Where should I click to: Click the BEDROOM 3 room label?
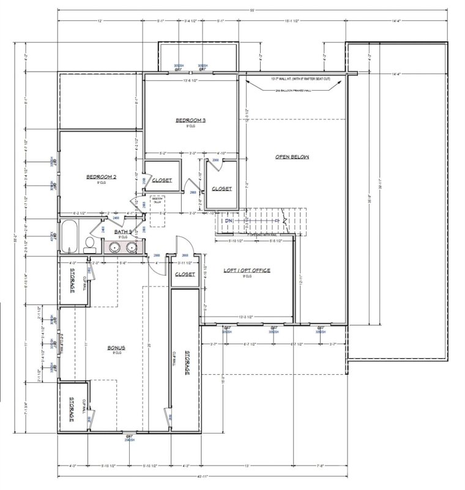(190, 120)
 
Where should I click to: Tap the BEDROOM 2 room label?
(101, 177)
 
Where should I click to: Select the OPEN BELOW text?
(292, 157)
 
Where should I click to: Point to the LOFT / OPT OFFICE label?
(247, 270)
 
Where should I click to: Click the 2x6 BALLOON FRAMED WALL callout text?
(293, 90)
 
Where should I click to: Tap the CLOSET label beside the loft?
(185, 274)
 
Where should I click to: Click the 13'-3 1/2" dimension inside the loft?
(248, 317)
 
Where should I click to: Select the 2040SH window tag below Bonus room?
(129, 439)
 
